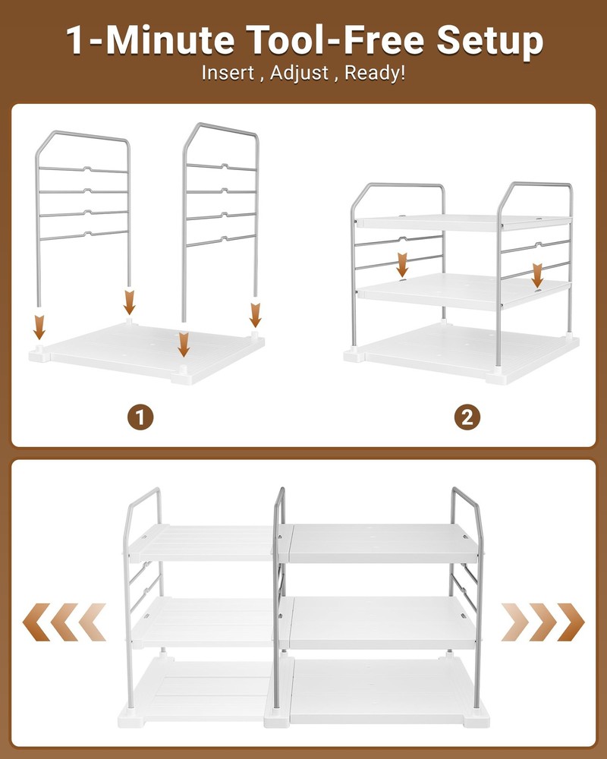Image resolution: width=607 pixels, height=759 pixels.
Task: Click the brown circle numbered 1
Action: [140, 417]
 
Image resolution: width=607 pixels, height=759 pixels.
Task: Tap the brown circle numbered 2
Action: [467, 417]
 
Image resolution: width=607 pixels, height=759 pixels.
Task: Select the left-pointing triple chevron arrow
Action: [64, 622]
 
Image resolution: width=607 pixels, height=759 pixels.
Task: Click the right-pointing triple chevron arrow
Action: [543, 622]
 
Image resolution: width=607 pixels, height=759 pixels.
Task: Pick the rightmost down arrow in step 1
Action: [256, 313]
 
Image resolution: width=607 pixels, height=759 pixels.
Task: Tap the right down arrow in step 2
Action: [538, 275]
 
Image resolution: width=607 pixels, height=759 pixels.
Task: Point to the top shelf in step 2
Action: [463, 222]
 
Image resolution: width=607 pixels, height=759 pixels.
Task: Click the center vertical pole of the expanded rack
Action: [278, 592]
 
